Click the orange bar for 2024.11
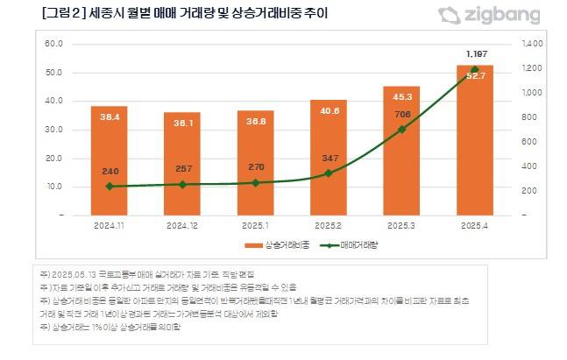(109, 162)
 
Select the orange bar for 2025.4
(475, 145)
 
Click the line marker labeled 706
(401, 130)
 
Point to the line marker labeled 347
(329, 173)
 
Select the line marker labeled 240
(109, 187)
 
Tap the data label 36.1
(182, 124)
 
